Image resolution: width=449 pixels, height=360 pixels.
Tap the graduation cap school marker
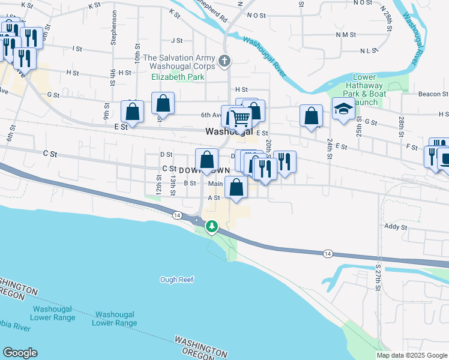(343, 110)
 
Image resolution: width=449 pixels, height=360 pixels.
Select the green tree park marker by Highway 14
(211, 226)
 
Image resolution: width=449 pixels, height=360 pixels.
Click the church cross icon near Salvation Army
(224, 61)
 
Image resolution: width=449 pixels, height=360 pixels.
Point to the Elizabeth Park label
(178, 77)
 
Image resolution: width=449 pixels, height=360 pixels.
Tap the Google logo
(20, 353)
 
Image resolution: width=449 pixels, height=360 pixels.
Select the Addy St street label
(396, 227)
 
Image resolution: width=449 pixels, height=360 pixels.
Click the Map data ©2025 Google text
(412, 355)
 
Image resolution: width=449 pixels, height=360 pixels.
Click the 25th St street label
(359, 125)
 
